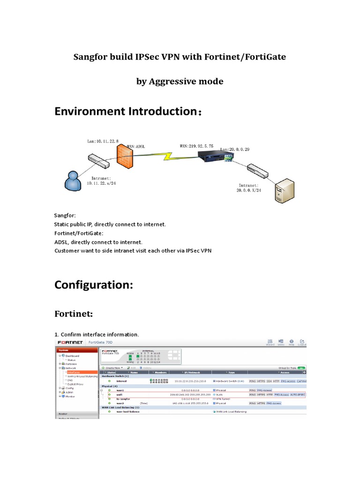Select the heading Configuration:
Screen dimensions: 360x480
(x=94, y=285)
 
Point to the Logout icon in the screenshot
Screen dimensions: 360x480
(x=302, y=342)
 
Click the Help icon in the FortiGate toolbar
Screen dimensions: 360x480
(x=291, y=342)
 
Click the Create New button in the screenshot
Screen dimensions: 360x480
(x=113, y=367)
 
